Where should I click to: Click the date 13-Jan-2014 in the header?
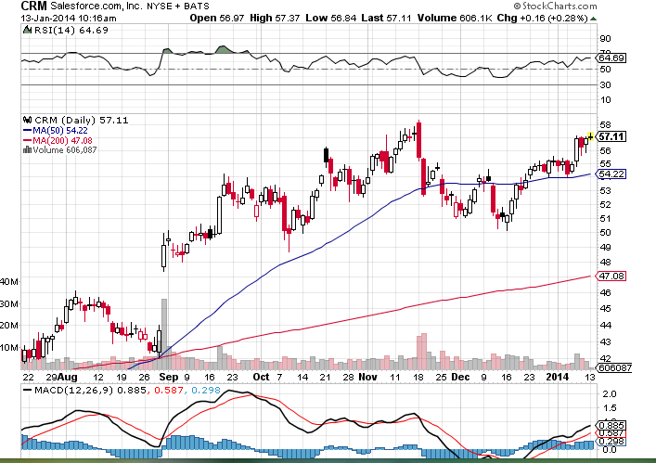(43, 17)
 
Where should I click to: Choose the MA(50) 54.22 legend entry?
(60, 130)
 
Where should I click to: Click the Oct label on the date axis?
(261, 377)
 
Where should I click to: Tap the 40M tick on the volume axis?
(10, 281)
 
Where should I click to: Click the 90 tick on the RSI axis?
(604, 39)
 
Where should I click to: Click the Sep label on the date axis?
(165, 377)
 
